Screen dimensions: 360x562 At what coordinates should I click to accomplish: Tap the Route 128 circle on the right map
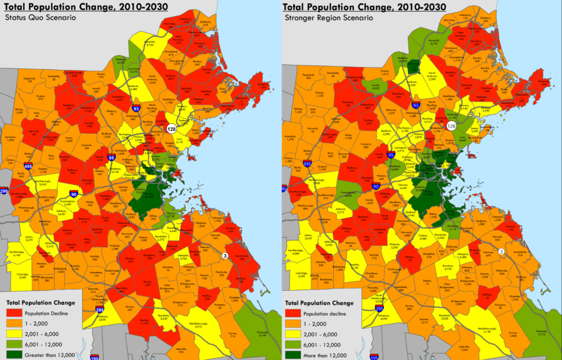451,126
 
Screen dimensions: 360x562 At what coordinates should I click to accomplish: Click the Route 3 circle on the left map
225,256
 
